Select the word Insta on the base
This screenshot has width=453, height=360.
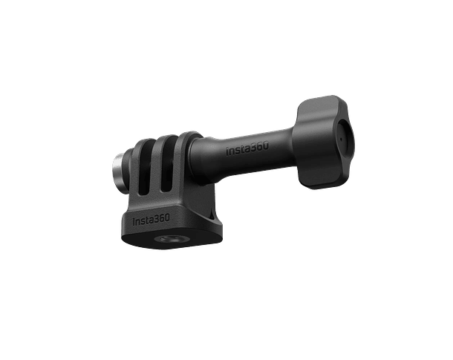click(143, 220)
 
